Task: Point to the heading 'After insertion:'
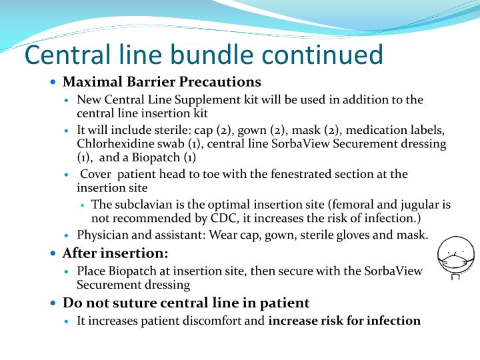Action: [115, 253]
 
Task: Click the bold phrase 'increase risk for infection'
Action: [344, 321]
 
